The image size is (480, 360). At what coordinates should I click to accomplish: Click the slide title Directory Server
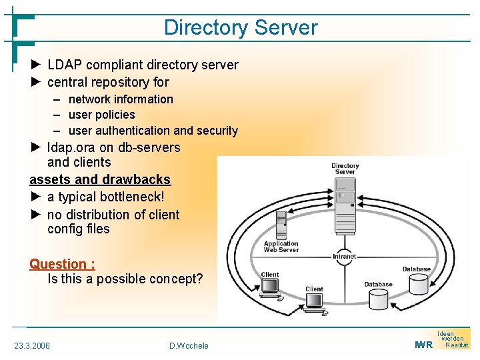click(241, 27)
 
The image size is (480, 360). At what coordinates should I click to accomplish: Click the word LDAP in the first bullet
click(65, 65)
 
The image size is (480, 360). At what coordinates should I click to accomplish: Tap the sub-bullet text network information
click(121, 99)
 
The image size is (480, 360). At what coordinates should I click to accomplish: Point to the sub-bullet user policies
click(101, 115)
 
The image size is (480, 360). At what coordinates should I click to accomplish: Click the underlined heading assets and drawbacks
click(100, 179)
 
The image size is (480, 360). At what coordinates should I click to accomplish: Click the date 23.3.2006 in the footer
click(32, 345)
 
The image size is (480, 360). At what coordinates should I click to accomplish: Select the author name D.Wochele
click(189, 345)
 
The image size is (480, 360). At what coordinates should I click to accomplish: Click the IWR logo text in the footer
click(423, 345)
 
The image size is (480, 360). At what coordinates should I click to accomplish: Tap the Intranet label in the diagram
click(344, 256)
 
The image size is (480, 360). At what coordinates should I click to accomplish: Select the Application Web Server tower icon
click(281, 224)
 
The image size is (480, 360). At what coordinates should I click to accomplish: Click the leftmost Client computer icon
click(270, 287)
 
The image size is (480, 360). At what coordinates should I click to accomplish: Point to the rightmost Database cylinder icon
click(418, 284)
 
